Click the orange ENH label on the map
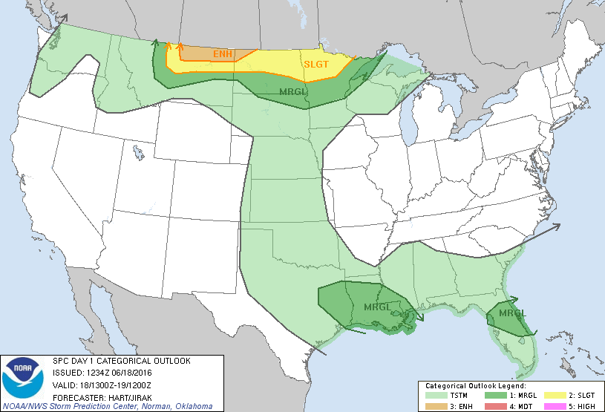(x=222, y=54)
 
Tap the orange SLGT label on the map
(x=315, y=65)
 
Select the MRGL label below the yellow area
(x=292, y=92)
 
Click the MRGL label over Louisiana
(x=377, y=307)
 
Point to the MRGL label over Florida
(x=511, y=313)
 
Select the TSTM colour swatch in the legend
(x=435, y=396)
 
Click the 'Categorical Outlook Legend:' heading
(x=475, y=387)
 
